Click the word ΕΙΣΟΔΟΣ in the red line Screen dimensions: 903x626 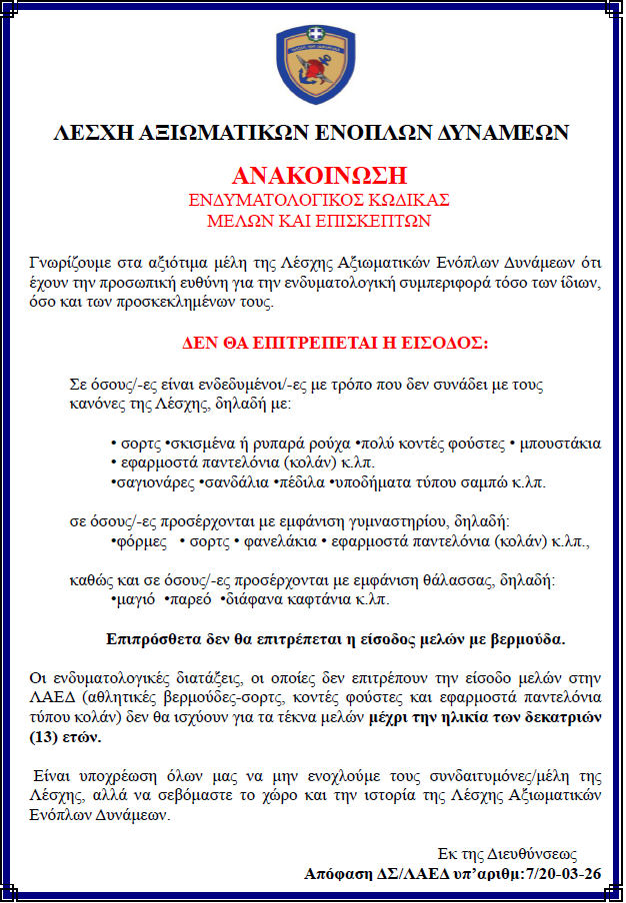click(x=446, y=342)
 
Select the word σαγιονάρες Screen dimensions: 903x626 click(x=156, y=482)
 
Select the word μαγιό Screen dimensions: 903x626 click(x=135, y=600)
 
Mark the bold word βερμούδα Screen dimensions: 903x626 click(x=525, y=638)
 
